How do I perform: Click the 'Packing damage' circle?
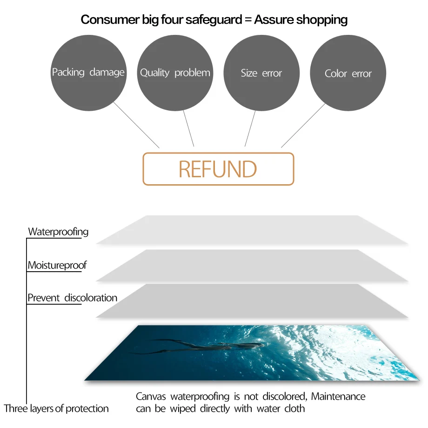(x=88, y=73)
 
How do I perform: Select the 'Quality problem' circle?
(x=175, y=73)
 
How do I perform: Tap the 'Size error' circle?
(x=261, y=73)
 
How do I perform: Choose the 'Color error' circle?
(x=348, y=74)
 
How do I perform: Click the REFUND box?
(x=218, y=169)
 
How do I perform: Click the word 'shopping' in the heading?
(x=322, y=20)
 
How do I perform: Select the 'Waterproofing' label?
(x=58, y=231)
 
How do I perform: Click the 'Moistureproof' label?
(x=57, y=265)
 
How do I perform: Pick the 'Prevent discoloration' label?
(x=72, y=298)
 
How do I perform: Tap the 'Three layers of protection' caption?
(x=56, y=408)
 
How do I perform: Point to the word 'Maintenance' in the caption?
(x=338, y=396)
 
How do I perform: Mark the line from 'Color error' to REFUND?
(x=303, y=126)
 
